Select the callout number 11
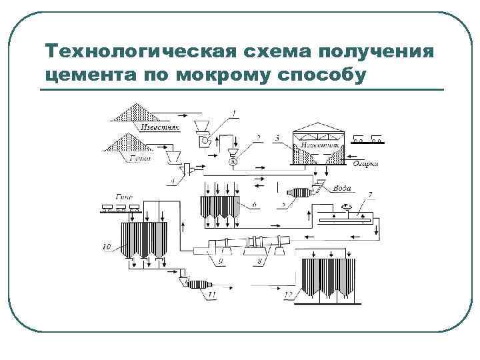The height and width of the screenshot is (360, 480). coord(212,293)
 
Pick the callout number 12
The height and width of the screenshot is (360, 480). coord(288,294)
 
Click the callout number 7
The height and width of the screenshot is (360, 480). coord(371,195)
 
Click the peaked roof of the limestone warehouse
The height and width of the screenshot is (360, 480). coord(317,129)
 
